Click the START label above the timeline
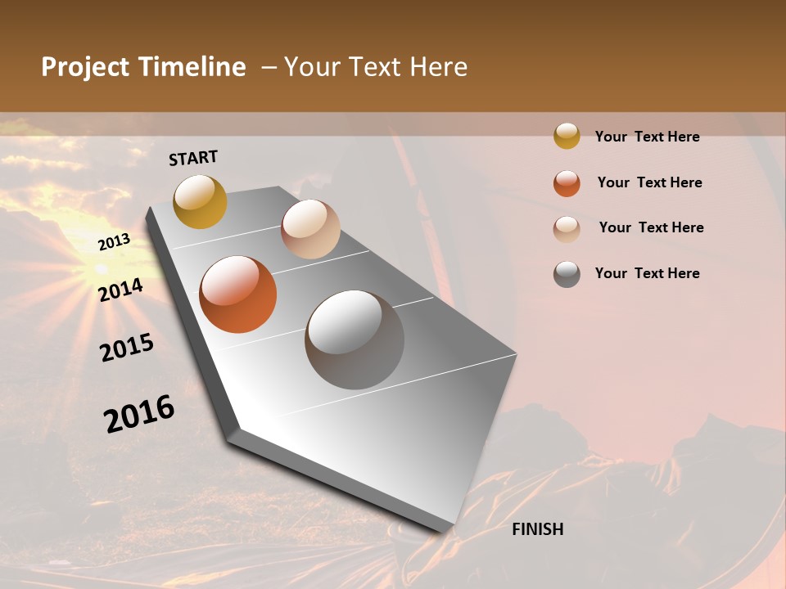(193, 158)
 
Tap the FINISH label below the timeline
(537, 529)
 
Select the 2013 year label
(114, 242)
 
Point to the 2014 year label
(121, 290)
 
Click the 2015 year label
(127, 348)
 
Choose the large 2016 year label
(139, 414)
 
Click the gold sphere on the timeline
(200, 201)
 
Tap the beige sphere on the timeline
(310, 229)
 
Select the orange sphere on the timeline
(237, 294)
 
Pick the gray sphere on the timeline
(355, 339)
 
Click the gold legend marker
(567, 137)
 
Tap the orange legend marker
(567, 183)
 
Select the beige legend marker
(567, 229)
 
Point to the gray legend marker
(567, 274)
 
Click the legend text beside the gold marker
(647, 137)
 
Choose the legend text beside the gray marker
(647, 273)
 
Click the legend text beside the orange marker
(649, 182)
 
